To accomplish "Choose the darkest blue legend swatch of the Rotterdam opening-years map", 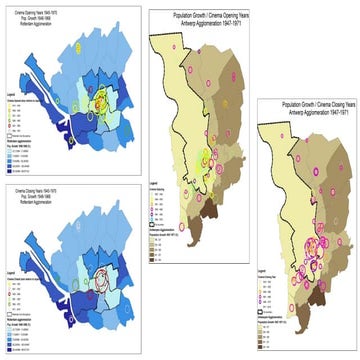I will pyautogui.click(x=10, y=164).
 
